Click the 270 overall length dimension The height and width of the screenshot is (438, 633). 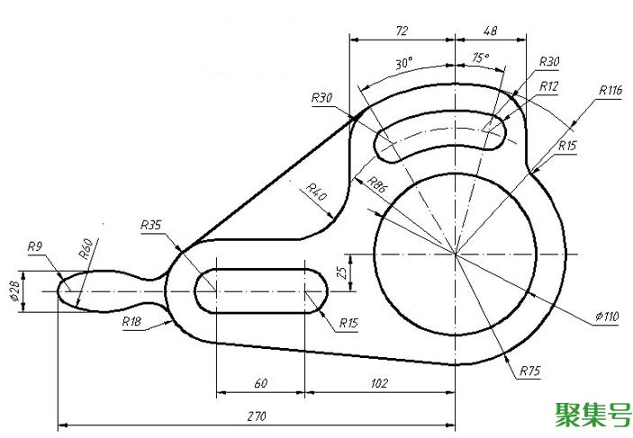click(x=258, y=416)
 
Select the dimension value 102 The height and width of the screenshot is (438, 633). click(x=380, y=383)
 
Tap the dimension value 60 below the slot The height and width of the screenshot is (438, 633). click(x=260, y=383)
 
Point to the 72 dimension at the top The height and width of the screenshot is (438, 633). click(x=402, y=31)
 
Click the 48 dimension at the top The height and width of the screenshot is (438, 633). click(x=491, y=31)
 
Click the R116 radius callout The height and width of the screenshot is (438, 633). click(x=610, y=90)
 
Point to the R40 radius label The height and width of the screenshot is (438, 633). click(x=316, y=192)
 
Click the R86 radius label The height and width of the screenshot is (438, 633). click(x=377, y=186)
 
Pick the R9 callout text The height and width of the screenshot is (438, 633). click(x=36, y=246)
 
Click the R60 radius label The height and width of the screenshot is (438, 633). click(x=86, y=249)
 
